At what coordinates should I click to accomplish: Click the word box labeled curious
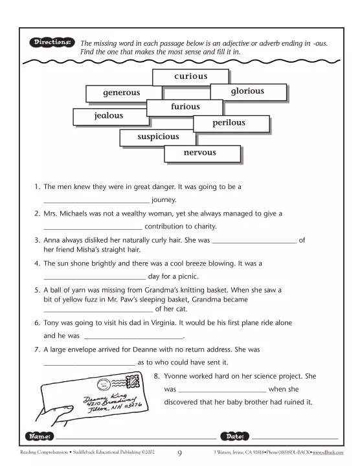click(x=190, y=76)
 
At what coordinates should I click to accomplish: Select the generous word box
click(x=121, y=93)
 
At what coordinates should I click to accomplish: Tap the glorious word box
click(x=247, y=92)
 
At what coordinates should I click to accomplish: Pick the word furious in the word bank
click(x=185, y=107)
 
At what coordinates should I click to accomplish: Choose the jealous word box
click(x=109, y=116)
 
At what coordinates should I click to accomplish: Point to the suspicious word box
click(x=157, y=137)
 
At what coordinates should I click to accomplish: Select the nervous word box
click(x=199, y=153)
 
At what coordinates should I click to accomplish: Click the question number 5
click(x=37, y=290)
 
